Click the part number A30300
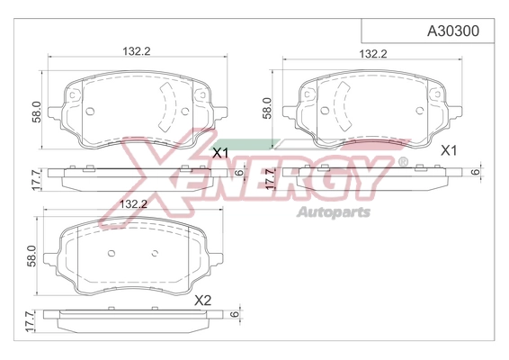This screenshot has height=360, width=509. pyautogui.click(x=453, y=31)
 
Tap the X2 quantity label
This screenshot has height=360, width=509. pyautogui.click(x=202, y=301)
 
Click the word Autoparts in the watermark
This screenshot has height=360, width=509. pyautogui.click(x=334, y=212)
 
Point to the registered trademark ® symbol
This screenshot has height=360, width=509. pyautogui.click(x=403, y=161)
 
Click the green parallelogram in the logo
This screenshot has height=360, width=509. pyautogui.click(x=246, y=145)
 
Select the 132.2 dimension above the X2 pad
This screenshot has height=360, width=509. pyautogui.click(x=133, y=204)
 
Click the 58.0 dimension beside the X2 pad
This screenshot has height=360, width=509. pyautogui.click(x=31, y=256)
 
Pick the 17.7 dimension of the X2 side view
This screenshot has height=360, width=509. pyautogui.click(x=30, y=321)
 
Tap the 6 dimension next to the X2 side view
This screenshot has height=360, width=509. pyautogui.click(x=234, y=314)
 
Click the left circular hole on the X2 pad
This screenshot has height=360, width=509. pyautogui.click(x=112, y=253)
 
